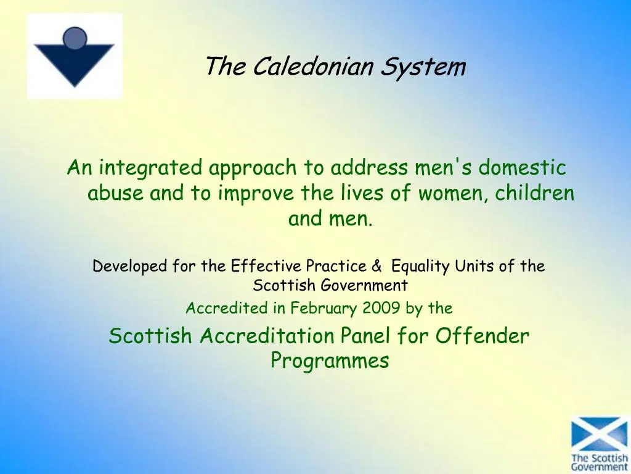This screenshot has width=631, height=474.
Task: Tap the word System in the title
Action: (x=422, y=66)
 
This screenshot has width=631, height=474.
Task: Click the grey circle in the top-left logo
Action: (x=75, y=38)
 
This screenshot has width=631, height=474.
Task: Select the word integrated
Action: (x=150, y=167)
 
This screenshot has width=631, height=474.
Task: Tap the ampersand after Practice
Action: (x=377, y=266)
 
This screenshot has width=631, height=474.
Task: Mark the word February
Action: (x=324, y=308)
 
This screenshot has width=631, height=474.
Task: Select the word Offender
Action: (x=482, y=336)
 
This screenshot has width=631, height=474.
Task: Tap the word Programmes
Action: (x=330, y=360)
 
